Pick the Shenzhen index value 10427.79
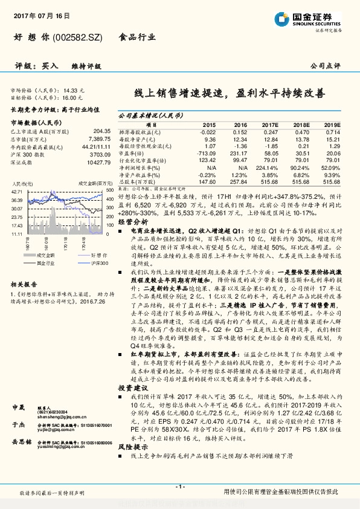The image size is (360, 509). click(x=97, y=161)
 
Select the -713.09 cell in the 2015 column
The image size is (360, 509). click(x=206, y=154)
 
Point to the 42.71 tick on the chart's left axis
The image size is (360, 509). click(x=16, y=192)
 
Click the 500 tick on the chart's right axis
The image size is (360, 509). click(x=109, y=189)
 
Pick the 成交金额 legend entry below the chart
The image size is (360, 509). click(x=42, y=256)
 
